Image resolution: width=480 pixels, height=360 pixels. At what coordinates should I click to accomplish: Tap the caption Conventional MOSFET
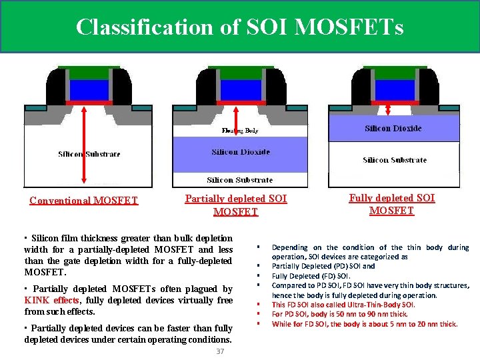tap(84, 200)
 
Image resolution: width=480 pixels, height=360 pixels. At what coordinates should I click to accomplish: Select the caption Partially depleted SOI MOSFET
tap(236, 205)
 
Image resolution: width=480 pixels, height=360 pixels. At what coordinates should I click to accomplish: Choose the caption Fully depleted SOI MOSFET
tap(392, 204)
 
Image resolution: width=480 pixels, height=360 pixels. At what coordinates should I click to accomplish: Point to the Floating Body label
tap(240, 131)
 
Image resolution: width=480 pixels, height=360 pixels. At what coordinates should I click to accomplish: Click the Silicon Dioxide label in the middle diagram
tap(241, 152)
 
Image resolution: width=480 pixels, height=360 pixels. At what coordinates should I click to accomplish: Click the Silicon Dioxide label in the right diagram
tap(393, 128)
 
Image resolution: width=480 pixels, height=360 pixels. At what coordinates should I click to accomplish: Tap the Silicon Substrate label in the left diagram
tap(89, 154)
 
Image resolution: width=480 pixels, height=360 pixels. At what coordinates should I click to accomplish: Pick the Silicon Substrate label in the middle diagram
tap(240, 179)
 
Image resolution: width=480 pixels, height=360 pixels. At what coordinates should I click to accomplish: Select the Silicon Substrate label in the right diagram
tap(395, 160)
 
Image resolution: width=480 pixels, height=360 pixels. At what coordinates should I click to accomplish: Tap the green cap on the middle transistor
tap(241, 72)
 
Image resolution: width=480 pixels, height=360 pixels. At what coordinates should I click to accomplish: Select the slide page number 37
tap(220, 351)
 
